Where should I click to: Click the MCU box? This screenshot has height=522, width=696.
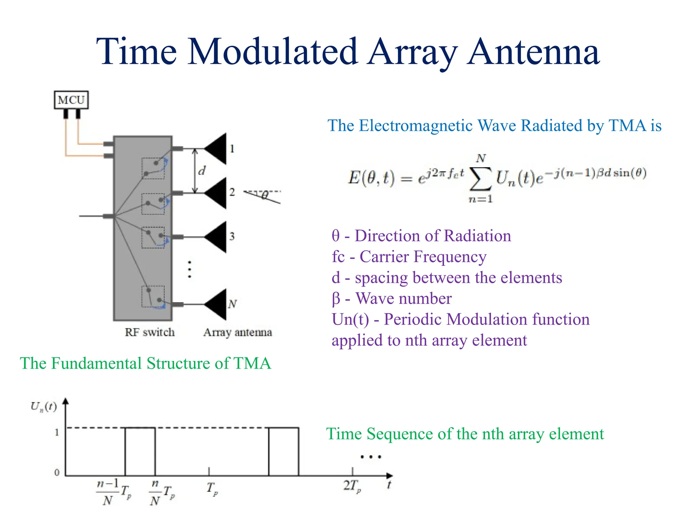[x=71, y=100]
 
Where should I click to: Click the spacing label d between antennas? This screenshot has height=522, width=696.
[x=202, y=171]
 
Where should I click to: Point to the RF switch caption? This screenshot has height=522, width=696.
[x=150, y=332]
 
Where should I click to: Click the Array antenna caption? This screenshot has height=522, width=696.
[x=238, y=332]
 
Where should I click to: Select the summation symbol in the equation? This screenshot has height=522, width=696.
[x=480, y=179]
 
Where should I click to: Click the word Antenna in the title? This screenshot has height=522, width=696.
[x=533, y=52]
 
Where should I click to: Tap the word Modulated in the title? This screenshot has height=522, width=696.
[x=273, y=52]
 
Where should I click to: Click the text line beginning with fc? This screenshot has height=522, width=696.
[x=409, y=257]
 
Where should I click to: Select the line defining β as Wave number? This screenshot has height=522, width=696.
[x=391, y=298]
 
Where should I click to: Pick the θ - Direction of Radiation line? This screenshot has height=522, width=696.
[x=421, y=236]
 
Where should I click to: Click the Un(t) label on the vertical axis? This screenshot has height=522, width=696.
[x=43, y=406]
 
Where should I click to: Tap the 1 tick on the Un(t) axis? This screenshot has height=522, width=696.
[x=57, y=432]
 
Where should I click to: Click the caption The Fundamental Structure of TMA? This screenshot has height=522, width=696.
[x=145, y=363]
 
